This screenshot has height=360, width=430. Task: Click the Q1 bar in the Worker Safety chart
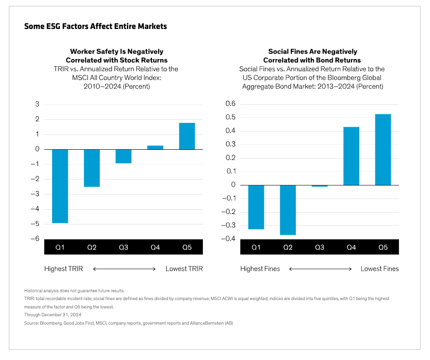60,186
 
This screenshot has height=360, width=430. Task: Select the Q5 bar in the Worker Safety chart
187,136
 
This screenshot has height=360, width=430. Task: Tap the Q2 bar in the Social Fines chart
288,210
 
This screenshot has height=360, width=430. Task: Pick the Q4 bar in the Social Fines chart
351,156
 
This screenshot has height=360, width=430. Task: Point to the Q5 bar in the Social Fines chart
383,150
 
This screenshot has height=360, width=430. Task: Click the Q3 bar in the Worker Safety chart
123,156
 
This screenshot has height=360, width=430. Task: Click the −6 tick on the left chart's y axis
35,239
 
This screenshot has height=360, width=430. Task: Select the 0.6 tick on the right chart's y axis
230,104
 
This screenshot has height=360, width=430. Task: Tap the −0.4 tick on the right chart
229,239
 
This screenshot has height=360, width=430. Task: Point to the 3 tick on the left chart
37,105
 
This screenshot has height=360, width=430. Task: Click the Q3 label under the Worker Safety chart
123,248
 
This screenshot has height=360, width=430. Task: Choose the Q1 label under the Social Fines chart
256,248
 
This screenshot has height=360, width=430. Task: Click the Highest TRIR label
64,269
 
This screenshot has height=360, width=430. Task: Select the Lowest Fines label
379,269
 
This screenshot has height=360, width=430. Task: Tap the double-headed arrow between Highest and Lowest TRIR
124,269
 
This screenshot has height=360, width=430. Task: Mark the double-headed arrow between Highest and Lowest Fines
320,269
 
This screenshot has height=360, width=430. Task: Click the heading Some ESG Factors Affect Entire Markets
95,27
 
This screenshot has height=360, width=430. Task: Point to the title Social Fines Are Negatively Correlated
313,55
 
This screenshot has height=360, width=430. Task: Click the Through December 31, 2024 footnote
53,314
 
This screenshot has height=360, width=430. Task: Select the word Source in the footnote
30,323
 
